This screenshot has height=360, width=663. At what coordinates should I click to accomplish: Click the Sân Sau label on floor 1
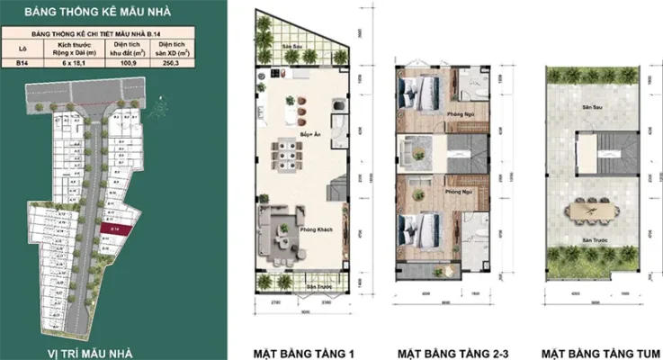291,47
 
